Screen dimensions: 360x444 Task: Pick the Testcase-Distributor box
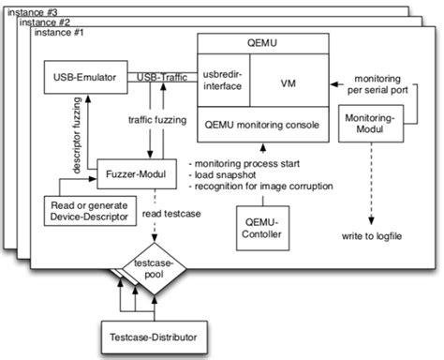click(x=152, y=335)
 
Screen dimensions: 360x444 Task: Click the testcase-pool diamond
click(x=153, y=273)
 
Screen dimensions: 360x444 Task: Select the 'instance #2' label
click(x=44, y=19)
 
